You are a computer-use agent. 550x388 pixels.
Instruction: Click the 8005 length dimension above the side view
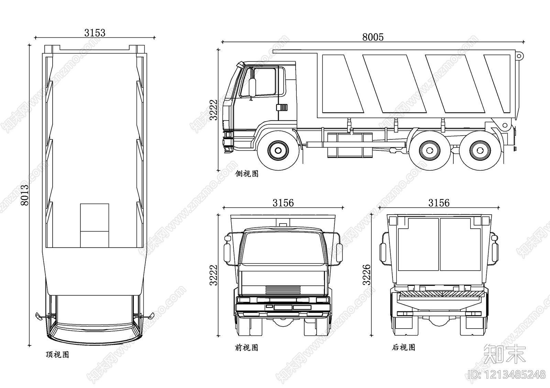pyautogui.click(x=373, y=37)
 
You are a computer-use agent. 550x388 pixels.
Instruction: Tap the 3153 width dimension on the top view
pyautogui.click(x=95, y=33)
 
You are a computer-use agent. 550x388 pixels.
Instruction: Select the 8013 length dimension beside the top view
pyautogui.click(x=24, y=195)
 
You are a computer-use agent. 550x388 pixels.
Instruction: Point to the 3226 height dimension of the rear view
pyautogui.click(x=366, y=274)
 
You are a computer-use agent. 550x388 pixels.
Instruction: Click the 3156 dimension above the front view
pyautogui.click(x=283, y=203)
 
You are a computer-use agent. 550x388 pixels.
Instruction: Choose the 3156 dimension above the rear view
pyautogui.click(x=439, y=203)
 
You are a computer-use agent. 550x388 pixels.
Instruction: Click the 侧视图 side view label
pyautogui.click(x=247, y=174)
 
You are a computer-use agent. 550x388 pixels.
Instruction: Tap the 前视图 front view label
pyautogui.click(x=246, y=347)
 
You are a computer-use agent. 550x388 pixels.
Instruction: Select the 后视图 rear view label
pyautogui.click(x=404, y=347)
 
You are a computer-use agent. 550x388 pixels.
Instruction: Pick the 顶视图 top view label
pyautogui.click(x=57, y=354)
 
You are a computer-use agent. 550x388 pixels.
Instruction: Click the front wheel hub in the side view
pyautogui.click(x=278, y=150)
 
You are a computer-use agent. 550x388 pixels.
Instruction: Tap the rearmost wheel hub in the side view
pyautogui.click(x=480, y=150)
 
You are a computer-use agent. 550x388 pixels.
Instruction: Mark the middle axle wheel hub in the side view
pyautogui.click(x=430, y=150)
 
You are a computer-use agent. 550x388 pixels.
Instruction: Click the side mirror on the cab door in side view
pyautogui.click(x=252, y=87)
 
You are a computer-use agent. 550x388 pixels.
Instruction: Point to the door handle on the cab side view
pyautogui.click(x=282, y=107)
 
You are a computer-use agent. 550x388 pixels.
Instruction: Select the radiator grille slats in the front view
pyautogui.click(x=283, y=290)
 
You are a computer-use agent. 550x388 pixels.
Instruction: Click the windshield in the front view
pyautogui.click(x=283, y=248)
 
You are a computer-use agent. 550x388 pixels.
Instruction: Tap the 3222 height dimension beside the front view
pyautogui.click(x=213, y=275)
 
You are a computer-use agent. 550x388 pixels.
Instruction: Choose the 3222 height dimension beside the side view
pyautogui.click(x=213, y=110)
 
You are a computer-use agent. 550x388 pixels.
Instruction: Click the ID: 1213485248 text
pyautogui.click(x=507, y=375)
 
